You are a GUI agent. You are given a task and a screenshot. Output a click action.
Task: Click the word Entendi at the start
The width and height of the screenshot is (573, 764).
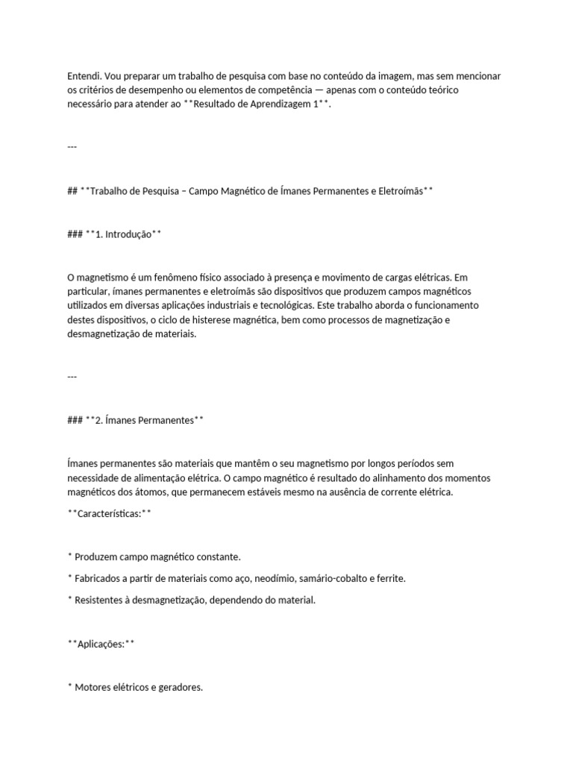point(84,76)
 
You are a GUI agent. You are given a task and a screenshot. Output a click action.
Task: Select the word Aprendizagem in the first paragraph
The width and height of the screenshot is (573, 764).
point(280,105)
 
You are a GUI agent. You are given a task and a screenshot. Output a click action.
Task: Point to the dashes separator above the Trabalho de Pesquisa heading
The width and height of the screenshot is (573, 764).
point(72,146)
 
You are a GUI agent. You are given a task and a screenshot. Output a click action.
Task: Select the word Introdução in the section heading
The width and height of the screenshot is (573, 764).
point(128,234)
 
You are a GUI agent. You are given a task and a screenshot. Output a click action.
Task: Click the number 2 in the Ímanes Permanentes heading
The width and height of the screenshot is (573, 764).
point(98,420)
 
